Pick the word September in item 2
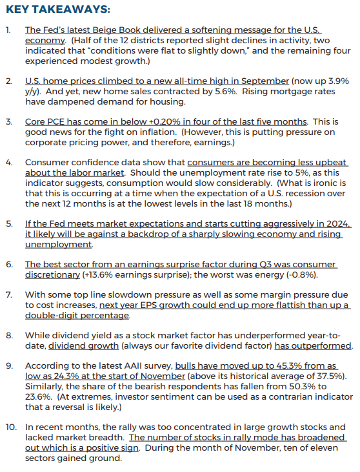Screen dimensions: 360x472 click(x=266, y=81)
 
